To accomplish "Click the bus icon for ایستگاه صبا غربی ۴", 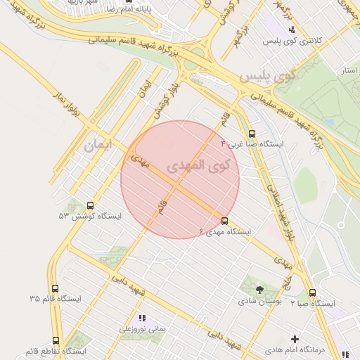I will pyautogui.click(x=252, y=133).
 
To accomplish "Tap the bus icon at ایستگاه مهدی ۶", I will pyautogui.click(x=224, y=221).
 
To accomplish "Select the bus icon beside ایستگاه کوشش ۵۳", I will pyautogui.click(x=90, y=205).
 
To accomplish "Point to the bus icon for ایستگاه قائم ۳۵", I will pyautogui.click(x=55, y=288).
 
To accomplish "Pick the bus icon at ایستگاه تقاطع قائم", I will pyautogui.click(x=56, y=340).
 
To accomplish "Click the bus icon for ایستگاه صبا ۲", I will pyautogui.click(x=312, y=292).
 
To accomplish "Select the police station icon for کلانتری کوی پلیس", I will pyautogui.click(x=292, y=30).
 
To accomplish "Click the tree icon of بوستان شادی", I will pyautogui.click(x=260, y=289).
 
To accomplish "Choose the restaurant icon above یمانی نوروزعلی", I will pyautogui.click(x=142, y=318).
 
